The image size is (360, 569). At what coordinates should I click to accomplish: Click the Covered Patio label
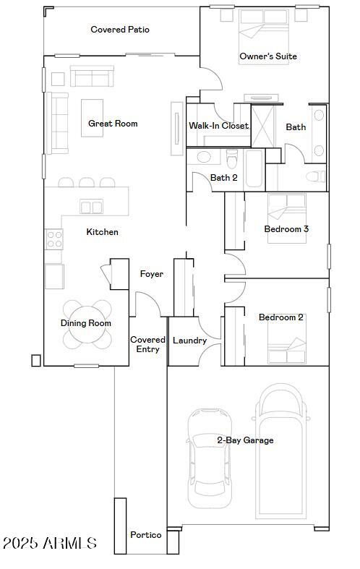(120, 30)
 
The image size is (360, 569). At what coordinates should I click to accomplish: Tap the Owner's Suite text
(268, 56)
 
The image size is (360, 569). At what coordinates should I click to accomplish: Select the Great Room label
(113, 124)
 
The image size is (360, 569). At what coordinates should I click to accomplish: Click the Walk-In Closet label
(218, 126)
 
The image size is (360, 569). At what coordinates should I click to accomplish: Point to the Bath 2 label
(224, 178)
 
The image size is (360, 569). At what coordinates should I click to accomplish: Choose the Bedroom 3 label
(286, 229)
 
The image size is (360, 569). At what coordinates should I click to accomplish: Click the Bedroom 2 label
(281, 317)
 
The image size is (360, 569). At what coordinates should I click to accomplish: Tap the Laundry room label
(190, 341)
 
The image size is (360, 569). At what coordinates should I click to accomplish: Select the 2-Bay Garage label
(245, 440)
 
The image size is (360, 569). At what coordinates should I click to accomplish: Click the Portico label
(145, 535)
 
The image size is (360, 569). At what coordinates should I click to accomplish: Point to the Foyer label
(152, 274)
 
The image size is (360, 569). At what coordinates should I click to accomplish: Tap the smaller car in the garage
(210, 458)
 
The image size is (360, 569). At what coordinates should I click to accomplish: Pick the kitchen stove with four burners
(54, 239)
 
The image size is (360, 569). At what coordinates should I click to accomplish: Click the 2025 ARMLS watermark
(49, 543)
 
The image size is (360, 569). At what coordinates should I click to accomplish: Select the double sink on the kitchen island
(91, 208)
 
